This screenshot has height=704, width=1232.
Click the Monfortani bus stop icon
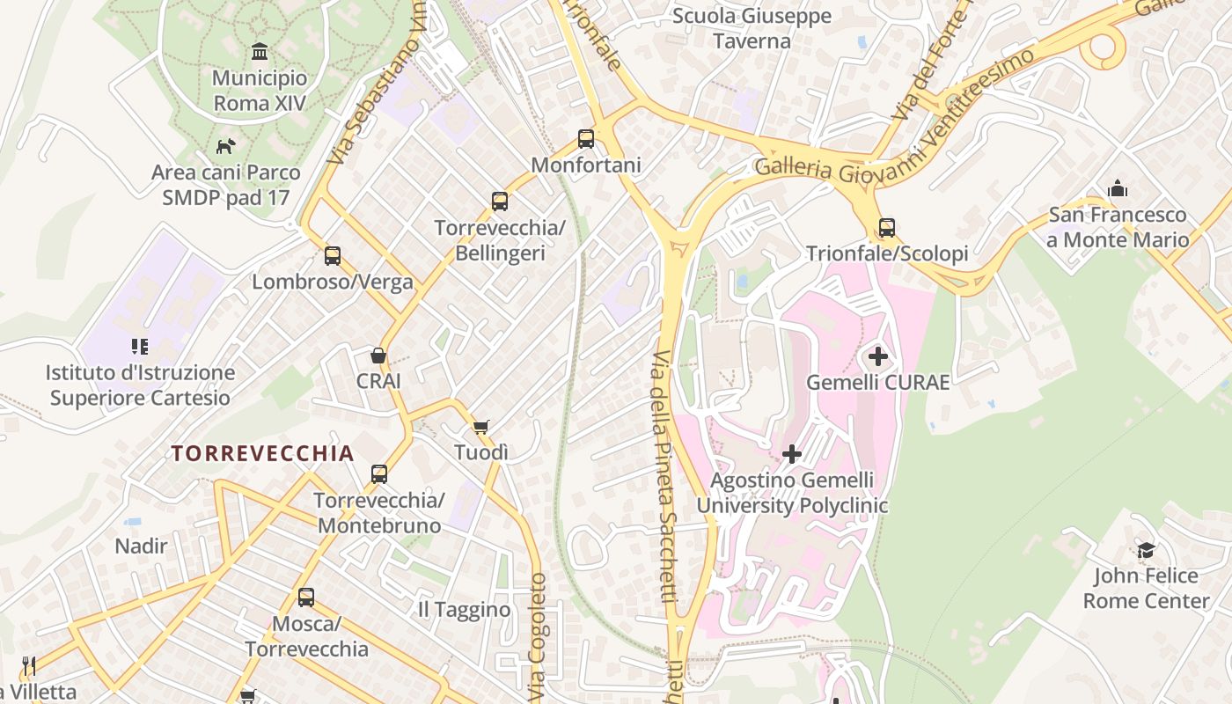coord(586,138)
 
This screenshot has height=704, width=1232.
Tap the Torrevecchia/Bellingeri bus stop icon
coord(500,202)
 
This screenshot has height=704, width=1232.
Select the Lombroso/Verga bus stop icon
coord(333,255)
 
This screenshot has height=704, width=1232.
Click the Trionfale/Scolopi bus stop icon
coord(887,228)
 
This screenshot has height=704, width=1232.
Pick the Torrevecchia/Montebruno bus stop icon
coord(379,473)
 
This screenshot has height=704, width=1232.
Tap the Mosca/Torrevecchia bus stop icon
coord(306,598)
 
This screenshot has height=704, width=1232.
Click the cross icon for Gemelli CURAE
coord(878,356)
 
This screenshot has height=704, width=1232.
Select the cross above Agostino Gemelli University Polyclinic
coord(792,454)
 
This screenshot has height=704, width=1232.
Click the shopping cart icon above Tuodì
coord(481,427)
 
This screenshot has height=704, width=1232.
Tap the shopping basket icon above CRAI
coord(378,356)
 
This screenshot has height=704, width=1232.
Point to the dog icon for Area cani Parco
coord(226,146)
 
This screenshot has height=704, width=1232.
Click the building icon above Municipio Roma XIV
coord(260,51)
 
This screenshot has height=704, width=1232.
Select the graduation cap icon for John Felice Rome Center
coord(1146,550)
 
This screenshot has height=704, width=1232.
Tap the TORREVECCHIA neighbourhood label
coord(262,453)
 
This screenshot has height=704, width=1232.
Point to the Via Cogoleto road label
coord(538,638)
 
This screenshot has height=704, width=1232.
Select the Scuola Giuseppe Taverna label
coord(752,29)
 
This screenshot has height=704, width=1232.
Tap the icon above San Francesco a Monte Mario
coord(1118,188)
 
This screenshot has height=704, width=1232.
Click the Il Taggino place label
coord(464,609)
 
